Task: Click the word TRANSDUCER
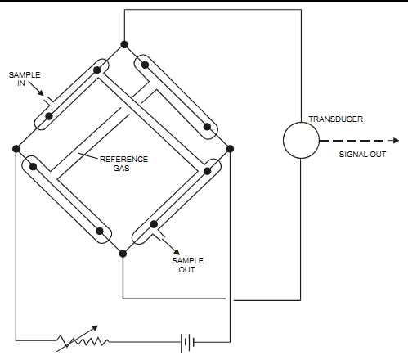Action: coord(336,119)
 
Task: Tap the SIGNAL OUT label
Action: coord(362,155)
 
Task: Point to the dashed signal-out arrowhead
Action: coord(395,141)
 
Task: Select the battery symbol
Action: coord(187,342)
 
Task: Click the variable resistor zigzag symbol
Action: coord(83,341)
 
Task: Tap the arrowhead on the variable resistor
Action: coord(94,328)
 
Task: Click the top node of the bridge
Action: coord(124,44)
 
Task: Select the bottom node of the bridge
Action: coord(123,254)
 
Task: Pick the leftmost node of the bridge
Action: coord(16,149)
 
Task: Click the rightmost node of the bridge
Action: coord(230,149)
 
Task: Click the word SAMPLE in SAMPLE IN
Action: coord(25,75)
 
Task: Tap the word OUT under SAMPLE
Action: coord(186,270)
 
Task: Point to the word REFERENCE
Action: coord(123,159)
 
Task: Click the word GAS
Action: coord(121,168)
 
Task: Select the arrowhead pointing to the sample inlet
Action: coord(41,93)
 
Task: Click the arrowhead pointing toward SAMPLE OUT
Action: coord(177,252)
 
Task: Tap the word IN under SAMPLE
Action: coord(21,83)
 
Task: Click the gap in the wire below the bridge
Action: coord(230,299)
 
